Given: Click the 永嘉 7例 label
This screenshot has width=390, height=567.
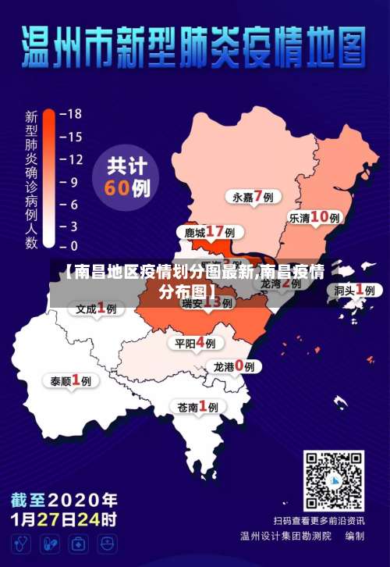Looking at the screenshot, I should (x=253, y=197).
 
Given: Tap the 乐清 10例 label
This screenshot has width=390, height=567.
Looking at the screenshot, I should (x=314, y=218).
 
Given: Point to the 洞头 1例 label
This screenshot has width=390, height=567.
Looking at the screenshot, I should (x=355, y=290).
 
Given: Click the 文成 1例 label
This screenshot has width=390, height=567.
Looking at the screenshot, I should (x=96, y=308).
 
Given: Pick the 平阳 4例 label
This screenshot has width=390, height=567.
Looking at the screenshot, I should (x=195, y=343).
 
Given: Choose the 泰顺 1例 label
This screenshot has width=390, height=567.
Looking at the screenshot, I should (x=71, y=381).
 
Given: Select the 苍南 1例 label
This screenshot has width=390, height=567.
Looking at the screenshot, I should (x=197, y=406).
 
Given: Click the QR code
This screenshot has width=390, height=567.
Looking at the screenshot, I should (x=333, y=480).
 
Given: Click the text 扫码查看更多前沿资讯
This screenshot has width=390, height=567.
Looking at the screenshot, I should (x=318, y=520).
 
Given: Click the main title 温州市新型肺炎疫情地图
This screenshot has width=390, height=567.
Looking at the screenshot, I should (x=194, y=48).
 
